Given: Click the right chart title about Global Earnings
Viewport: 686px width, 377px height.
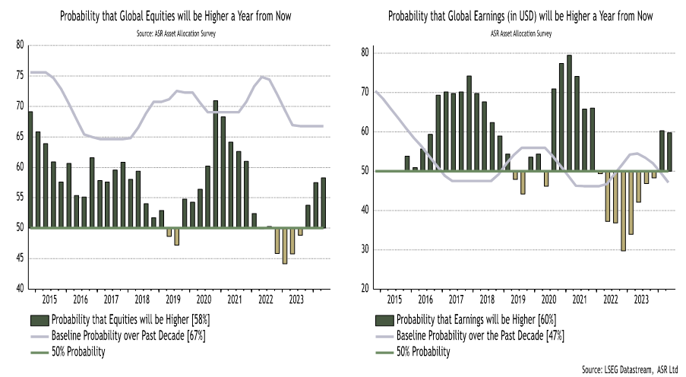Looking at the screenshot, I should tap(520, 16).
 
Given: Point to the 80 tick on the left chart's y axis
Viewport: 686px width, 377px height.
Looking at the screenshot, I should tap(20, 45).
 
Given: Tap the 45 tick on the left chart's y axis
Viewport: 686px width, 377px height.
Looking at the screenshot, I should tap(20, 258).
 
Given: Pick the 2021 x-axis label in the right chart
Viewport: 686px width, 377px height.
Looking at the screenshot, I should tap(580, 299).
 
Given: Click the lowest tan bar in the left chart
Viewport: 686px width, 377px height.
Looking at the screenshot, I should tap(285, 246).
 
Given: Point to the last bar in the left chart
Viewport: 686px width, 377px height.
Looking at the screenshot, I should tap(324, 202).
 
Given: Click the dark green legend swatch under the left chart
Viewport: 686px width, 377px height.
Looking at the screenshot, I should tap(39, 319).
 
